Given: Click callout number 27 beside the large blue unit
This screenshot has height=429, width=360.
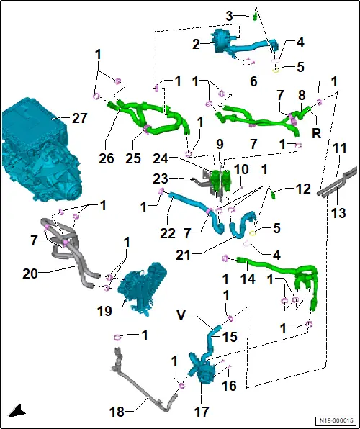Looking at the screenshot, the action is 79,119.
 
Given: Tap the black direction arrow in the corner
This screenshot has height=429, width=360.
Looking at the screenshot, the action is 17,411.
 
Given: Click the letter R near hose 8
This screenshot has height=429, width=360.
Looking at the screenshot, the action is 316,134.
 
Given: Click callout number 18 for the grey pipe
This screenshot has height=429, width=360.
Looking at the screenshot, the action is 117,411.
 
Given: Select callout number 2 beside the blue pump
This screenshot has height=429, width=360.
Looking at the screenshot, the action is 196,45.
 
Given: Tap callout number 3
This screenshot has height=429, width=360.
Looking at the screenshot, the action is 229,17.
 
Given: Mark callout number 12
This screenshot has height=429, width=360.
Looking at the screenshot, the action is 302,189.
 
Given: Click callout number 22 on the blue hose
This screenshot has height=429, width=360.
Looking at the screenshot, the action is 168,233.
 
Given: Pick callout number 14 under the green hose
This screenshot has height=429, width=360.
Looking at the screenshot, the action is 248,279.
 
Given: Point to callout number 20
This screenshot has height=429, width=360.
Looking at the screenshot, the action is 30,274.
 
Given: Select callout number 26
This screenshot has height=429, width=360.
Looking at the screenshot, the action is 107,158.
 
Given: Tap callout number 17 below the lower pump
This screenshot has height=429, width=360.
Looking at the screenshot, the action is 201,411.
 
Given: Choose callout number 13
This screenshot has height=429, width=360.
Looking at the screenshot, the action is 338,213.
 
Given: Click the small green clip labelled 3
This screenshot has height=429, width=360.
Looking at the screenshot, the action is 255,17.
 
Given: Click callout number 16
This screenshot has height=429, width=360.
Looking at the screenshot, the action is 230,386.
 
